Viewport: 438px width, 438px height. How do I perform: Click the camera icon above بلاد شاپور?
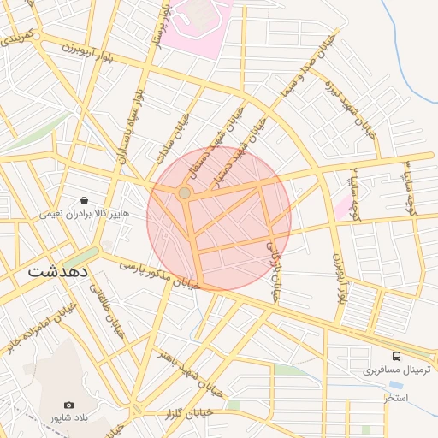68,405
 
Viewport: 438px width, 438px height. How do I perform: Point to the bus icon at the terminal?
395,355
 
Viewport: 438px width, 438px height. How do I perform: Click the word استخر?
395,399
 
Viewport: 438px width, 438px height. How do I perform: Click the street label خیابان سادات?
181,137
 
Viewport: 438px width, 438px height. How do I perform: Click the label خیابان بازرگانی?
274,269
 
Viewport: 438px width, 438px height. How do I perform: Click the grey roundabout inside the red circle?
185,193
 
